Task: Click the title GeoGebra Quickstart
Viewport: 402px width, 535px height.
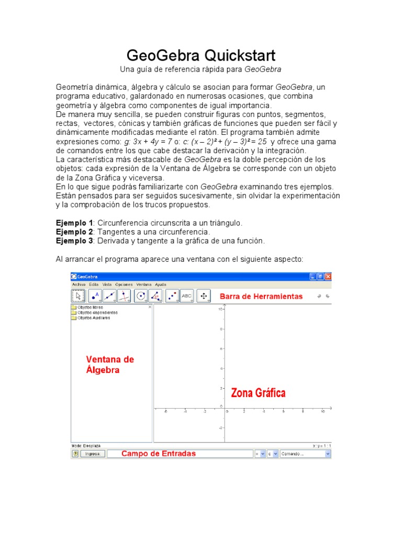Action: click(201, 55)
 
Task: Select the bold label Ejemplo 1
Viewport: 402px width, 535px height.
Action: click(74, 223)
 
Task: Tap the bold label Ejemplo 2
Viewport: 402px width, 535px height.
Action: click(74, 231)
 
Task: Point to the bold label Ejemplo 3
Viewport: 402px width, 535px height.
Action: click(74, 241)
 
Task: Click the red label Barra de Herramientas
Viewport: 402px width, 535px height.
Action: click(261, 296)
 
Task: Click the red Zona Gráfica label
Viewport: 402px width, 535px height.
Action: click(259, 393)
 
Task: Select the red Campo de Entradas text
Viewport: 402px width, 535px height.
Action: click(159, 453)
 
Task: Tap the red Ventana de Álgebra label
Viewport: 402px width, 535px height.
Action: click(110, 365)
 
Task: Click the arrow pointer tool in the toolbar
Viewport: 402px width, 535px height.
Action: click(79, 296)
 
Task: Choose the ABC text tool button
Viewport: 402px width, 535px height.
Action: click(187, 296)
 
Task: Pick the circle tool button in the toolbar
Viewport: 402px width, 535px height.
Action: click(141, 296)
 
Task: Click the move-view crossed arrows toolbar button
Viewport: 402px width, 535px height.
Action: click(204, 296)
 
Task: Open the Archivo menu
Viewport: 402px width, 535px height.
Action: click(79, 284)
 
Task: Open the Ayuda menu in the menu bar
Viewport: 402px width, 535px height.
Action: click(160, 284)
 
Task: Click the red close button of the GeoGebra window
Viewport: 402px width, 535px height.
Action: click(328, 276)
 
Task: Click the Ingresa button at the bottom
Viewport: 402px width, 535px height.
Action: click(92, 454)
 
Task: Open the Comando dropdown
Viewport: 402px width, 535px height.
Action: click(306, 454)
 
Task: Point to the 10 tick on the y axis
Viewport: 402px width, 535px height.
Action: click(221, 309)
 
